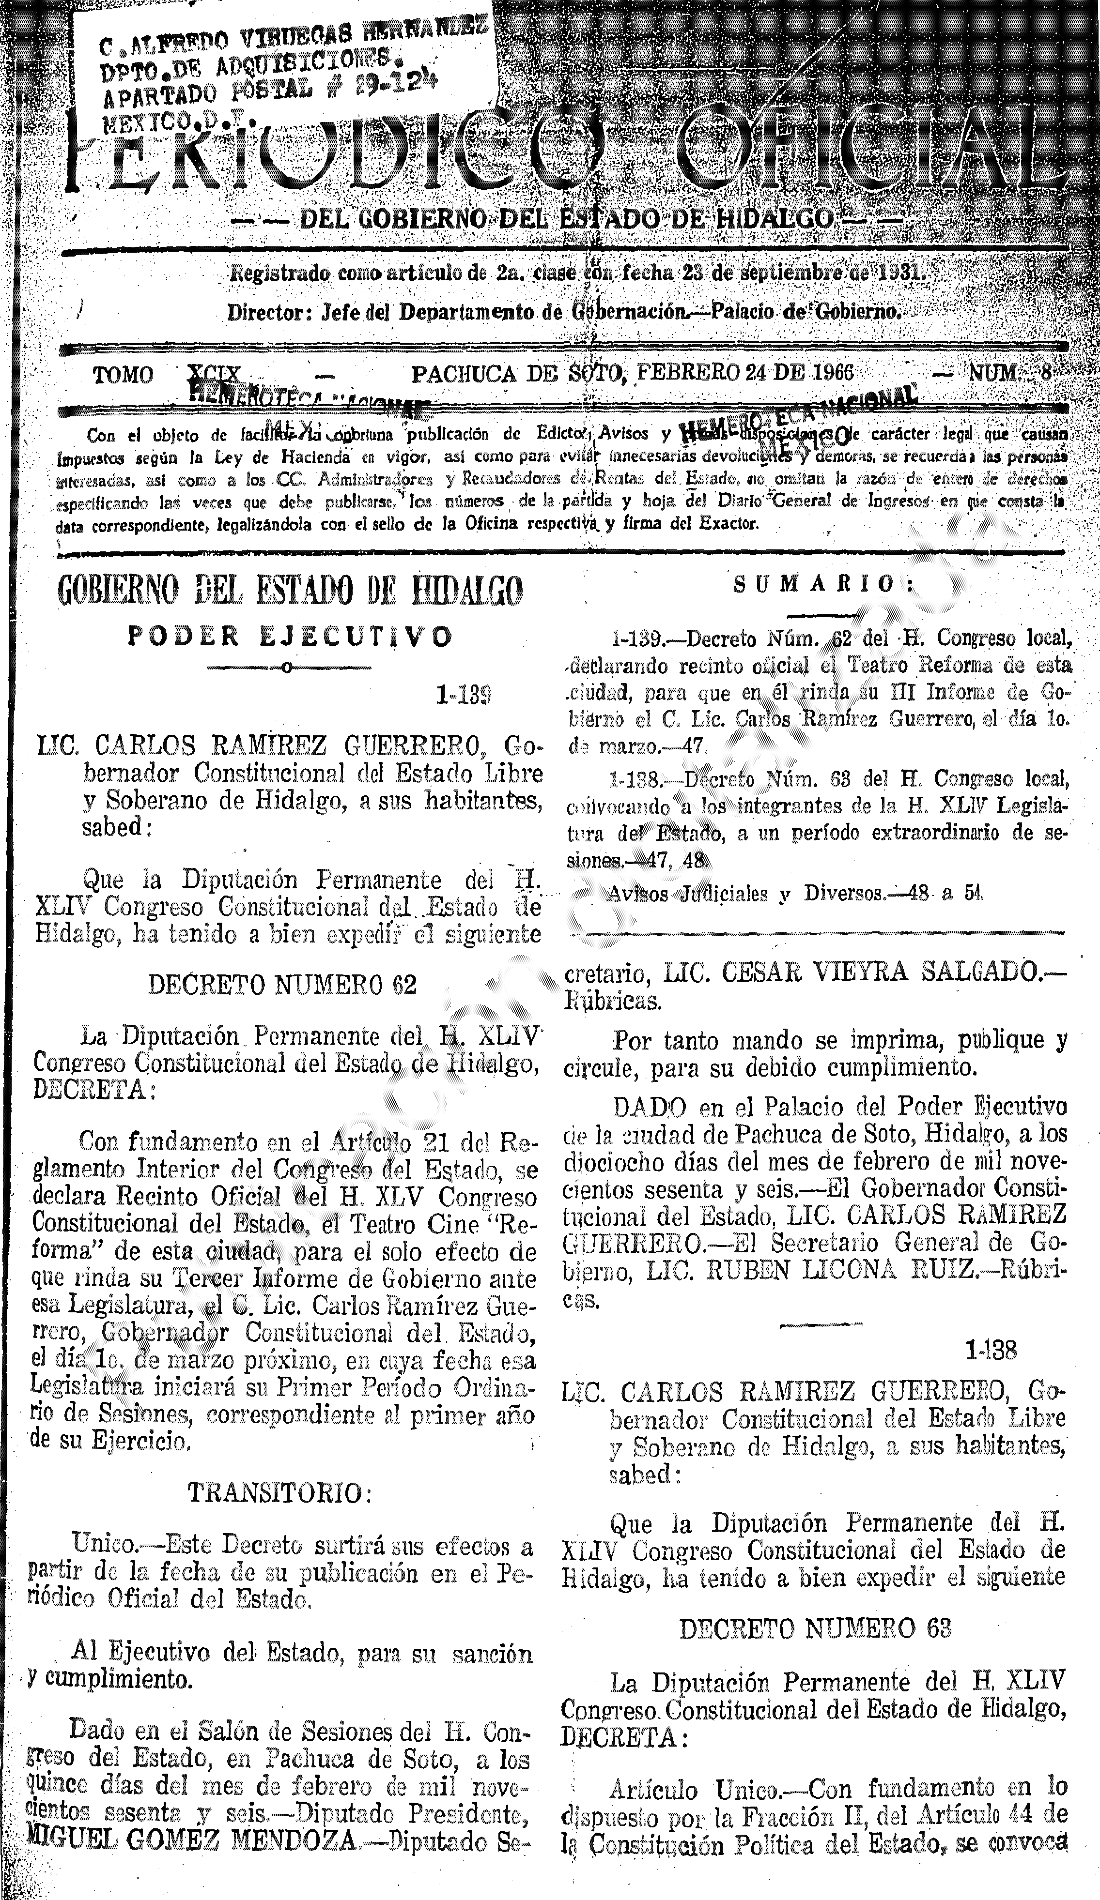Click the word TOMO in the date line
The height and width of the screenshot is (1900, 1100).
tap(123, 375)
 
